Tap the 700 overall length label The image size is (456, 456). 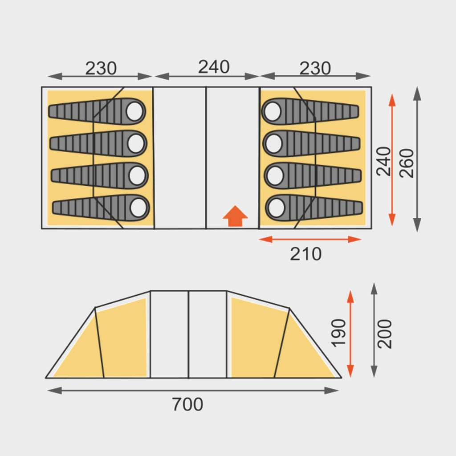[187, 404]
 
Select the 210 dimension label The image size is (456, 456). [305, 254]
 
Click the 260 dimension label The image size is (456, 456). [407, 163]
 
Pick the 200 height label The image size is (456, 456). [385, 334]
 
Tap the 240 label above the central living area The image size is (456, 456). [214, 67]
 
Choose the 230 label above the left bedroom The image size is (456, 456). [101, 69]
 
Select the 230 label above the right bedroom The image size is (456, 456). [315, 69]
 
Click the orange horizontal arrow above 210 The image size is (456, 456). [310, 239]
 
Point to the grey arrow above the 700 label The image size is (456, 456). [193, 391]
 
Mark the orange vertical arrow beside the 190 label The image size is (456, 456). [350, 334]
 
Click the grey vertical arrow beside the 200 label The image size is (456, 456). [374, 330]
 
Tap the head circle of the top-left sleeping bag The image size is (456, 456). [134, 111]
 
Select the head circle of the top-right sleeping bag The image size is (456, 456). [272, 111]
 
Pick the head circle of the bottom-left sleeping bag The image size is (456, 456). [139, 207]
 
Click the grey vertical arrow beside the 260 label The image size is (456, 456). [417, 159]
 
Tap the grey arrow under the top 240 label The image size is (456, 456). [207, 76]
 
